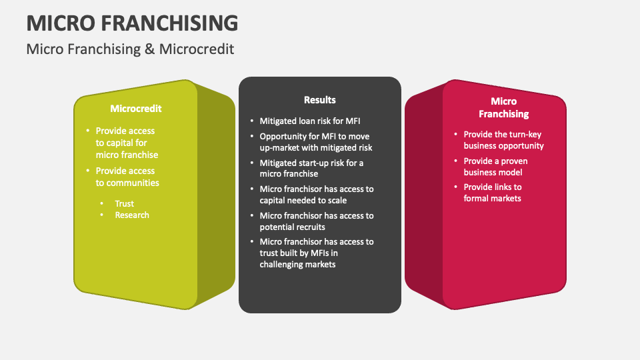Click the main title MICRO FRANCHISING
tap(132, 23)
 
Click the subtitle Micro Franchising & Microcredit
tap(130, 49)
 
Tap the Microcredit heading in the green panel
tap(136, 108)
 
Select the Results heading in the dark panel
tap(320, 100)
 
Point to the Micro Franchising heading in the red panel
tap(503, 107)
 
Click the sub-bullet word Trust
tap(124, 203)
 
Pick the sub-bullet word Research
tap(132, 215)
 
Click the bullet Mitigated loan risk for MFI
tap(309, 121)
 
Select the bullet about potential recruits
tap(316, 221)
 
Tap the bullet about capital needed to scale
tap(316, 195)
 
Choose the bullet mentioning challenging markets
tap(316, 253)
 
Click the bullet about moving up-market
tap(316, 142)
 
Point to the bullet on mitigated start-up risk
tap(311, 168)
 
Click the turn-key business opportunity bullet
tap(503, 140)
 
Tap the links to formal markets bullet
tap(493, 193)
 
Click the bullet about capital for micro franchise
tap(127, 143)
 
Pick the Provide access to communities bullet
tap(127, 177)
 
